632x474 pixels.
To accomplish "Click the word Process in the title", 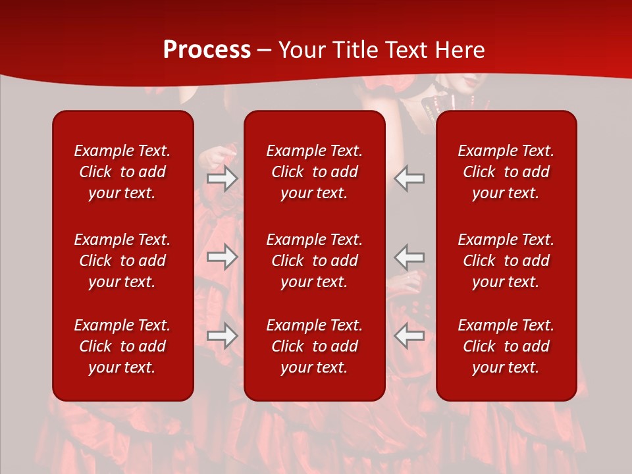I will point(207,50).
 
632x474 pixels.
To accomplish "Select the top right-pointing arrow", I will point(222,178).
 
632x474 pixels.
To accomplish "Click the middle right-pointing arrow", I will point(222,257).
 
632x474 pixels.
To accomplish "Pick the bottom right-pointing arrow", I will point(222,336).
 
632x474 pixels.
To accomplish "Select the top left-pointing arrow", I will point(409,178).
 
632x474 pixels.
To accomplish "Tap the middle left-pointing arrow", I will point(409,257).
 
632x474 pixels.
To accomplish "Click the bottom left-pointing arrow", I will point(409,336).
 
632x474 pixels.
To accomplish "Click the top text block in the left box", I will point(122,172).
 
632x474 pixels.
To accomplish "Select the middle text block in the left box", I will point(122,261).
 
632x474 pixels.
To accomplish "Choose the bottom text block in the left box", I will point(122,346).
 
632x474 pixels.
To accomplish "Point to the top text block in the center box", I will point(314,172).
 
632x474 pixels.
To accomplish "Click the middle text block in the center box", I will point(314,261).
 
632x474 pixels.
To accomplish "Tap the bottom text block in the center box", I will point(314,346).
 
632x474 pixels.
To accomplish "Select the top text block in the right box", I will point(506,172).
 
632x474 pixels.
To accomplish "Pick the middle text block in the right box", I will point(506,261).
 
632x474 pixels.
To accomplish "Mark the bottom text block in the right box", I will point(506,346).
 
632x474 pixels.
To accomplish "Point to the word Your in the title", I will point(302,50).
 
